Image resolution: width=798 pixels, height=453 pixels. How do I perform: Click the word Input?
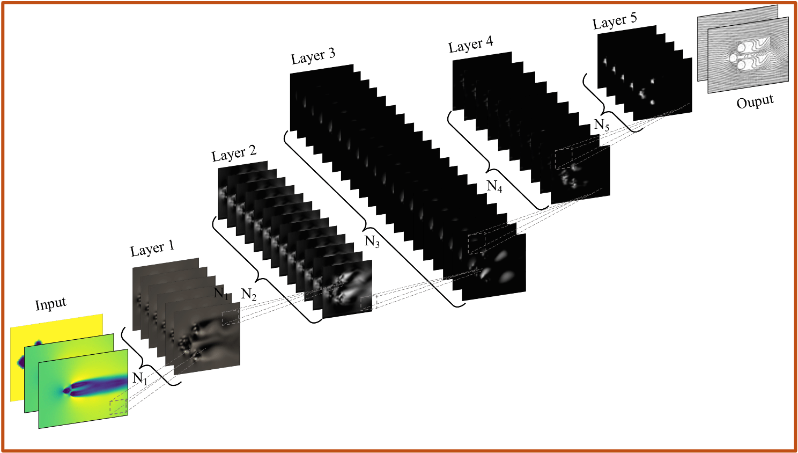[x=50, y=304]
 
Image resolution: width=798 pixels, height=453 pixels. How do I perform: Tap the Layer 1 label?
[x=152, y=248]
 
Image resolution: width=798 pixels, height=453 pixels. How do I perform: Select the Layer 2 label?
[x=234, y=154]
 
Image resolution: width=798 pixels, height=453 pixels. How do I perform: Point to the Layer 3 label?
[x=313, y=56]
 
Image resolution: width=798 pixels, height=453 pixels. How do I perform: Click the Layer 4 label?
[x=471, y=45]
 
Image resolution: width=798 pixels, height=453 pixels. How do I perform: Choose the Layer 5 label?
[x=615, y=21]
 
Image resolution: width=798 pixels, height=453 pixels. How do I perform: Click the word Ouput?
[x=755, y=101]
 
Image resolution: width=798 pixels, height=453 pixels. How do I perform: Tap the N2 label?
[x=249, y=295]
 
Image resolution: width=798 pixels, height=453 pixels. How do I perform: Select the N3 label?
[x=372, y=242]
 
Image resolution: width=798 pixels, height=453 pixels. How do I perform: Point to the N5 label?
[x=602, y=125]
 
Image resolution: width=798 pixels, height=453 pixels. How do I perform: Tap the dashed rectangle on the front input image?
[x=119, y=407]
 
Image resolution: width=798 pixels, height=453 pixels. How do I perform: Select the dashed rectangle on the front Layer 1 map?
[x=231, y=317]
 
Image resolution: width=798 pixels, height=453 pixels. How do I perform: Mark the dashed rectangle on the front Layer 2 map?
[x=368, y=303]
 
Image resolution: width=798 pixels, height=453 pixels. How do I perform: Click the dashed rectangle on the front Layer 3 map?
[x=477, y=244]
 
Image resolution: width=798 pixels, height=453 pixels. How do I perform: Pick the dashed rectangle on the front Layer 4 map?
[x=564, y=159]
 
